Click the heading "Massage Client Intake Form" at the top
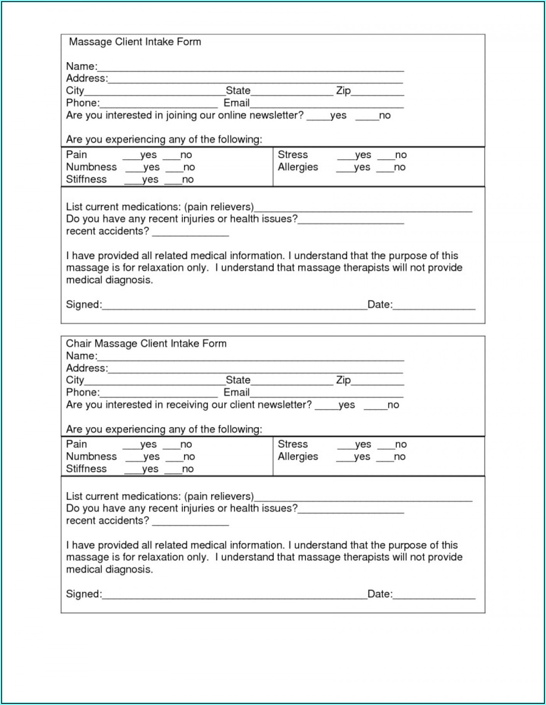(135, 42)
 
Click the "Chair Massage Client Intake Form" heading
(146, 343)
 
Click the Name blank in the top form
(250, 68)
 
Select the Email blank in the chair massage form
(326, 394)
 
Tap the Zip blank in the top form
(377, 92)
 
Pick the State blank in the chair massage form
(292, 382)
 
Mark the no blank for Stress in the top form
(386, 156)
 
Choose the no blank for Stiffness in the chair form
(173, 471)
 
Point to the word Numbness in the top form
(91, 167)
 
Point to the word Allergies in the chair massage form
(298, 456)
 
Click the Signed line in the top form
(234, 306)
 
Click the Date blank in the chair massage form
(434, 596)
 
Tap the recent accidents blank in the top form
(190, 233)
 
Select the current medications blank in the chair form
(363, 498)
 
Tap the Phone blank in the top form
(159, 105)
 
